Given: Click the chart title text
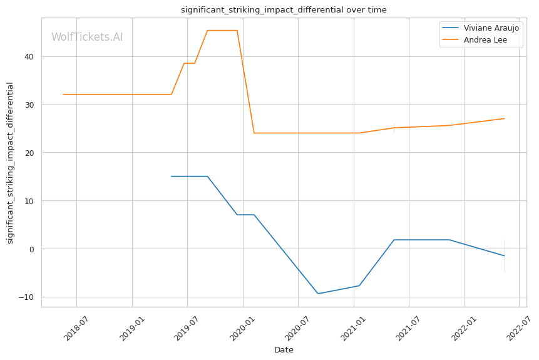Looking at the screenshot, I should click(x=283, y=10).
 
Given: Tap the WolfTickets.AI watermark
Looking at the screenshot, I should click(x=87, y=38).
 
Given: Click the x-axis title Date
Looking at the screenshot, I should click(x=284, y=350).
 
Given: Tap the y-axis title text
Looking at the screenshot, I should click(x=10, y=163).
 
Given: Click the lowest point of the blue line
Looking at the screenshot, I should click(x=318, y=294).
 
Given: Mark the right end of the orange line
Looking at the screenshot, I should click(x=505, y=118).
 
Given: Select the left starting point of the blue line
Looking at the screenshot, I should click(x=172, y=177).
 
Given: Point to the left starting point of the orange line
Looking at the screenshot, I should click(x=63, y=95).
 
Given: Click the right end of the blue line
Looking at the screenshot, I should click(x=505, y=256).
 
